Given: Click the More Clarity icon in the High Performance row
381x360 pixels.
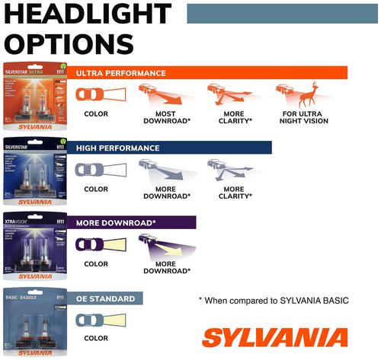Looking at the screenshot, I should pos(228,170).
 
